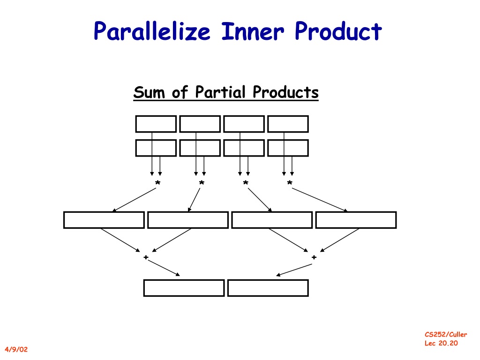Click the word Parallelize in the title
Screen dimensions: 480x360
click(x=152, y=31)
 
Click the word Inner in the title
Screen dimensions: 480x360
click(x=253, y=31)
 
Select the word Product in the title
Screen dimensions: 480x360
click(x=338, y=31)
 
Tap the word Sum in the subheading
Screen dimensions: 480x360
click(x=150, y=92)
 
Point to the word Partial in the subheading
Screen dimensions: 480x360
click(x=220, y=92)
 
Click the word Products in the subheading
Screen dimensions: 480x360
click(x=285, y=92)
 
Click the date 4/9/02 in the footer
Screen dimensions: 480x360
click(x=16, y=349)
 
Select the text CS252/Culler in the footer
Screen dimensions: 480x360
click(x=446, y=334)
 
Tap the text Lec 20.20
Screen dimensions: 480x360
click(x=441, y=343)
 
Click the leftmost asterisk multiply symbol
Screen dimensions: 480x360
click(x=157, y=183)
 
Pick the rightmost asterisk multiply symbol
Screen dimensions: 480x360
click(x=290, y=183)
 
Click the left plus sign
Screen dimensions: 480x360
click(x=146, y=257)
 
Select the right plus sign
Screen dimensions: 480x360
click(x=314, y=257)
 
